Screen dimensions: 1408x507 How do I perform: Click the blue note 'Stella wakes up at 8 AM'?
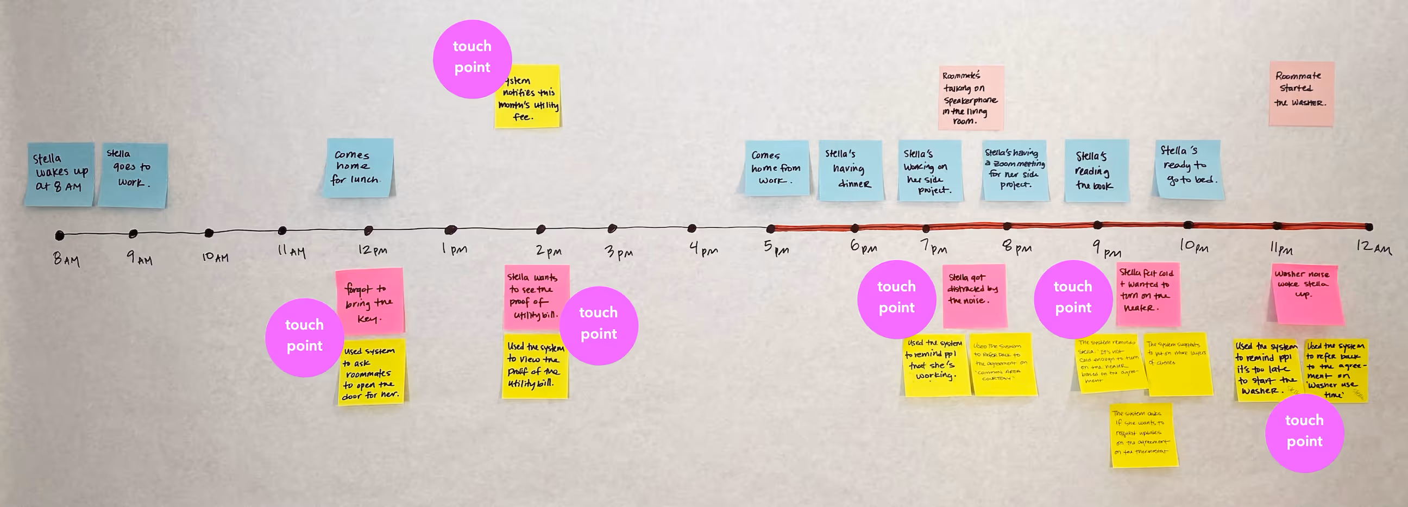[59, 174]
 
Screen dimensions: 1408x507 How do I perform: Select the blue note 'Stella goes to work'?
[133, 175]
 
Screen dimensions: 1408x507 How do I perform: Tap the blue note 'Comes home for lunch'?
[359, 167]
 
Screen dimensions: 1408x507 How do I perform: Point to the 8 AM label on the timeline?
[66, 259]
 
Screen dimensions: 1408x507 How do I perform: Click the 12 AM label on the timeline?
[1373, 247]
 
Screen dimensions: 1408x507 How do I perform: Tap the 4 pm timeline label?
[703, 249]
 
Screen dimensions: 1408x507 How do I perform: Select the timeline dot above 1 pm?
[450, 230]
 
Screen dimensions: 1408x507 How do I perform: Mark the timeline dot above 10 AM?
[209, 233]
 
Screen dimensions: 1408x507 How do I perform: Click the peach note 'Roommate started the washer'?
[1301, 93]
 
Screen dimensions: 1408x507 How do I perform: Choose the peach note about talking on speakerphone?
[971, 97]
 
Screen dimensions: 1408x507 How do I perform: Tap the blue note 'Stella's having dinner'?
[850, 170]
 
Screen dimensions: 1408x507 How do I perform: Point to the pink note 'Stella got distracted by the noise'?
[975, 295]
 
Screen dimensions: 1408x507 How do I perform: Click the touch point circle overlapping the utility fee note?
[472, 59]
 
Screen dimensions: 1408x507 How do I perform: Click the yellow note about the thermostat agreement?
[1143, 435]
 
